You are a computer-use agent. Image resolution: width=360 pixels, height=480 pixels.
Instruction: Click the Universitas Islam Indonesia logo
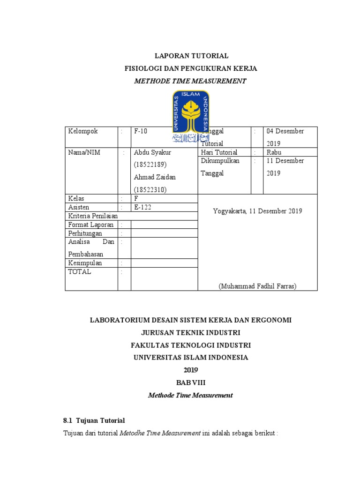[190, 115]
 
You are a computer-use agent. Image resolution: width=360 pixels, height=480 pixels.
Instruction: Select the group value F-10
[141, 131]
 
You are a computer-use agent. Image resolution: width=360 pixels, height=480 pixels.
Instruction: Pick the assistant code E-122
[143, 207]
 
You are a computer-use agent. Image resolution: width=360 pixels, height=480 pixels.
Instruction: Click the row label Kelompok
[83, 131]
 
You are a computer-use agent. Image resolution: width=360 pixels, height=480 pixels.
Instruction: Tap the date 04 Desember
[285, 131]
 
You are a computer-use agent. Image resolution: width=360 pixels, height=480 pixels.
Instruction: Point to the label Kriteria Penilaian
[93, 216]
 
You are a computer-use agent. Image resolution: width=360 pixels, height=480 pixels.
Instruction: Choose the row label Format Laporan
[91, 225]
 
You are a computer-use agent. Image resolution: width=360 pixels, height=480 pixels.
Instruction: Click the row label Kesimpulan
[85, 263]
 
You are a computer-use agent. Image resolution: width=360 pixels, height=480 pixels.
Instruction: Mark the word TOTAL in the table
[80, 272]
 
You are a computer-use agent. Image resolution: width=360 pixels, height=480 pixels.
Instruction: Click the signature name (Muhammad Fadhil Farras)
[257, 286]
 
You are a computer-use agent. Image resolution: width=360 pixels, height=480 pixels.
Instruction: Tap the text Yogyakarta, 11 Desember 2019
[257, 211]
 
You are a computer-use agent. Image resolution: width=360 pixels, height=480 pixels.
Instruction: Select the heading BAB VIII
[190, 382]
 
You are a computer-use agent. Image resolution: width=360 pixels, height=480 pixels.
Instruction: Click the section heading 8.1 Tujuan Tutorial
[94, 420]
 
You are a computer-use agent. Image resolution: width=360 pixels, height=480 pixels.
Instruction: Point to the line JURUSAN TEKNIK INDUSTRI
[190, 332]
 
